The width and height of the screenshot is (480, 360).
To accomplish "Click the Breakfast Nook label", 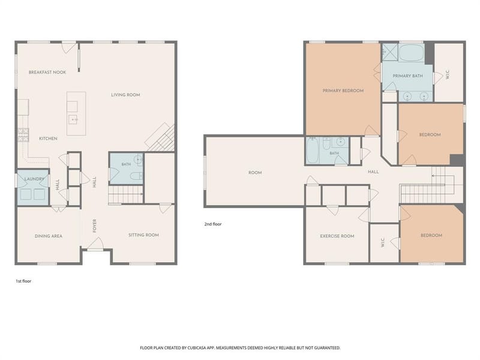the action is pos(47,72).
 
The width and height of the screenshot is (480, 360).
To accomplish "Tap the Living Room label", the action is pos(125,95).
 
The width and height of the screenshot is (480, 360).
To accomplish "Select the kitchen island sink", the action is pos(73,119).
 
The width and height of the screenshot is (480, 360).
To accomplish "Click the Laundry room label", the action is pos(34,179).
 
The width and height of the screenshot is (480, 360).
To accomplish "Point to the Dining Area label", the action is pos(49,236).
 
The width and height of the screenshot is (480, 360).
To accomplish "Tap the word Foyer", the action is pos(95,226).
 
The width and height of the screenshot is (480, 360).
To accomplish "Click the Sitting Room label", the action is pos(143,235).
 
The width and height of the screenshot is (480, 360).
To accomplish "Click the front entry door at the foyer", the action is pos(95,244).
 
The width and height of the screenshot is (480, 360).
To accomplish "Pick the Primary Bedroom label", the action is pos(343,91).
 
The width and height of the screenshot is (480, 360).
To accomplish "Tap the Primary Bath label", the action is pos(408,76).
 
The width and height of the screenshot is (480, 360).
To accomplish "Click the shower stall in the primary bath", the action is pos(390,52).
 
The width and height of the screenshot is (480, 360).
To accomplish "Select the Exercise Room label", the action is pos(337,236).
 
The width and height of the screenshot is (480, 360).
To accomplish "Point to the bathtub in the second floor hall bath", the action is pos(313,151).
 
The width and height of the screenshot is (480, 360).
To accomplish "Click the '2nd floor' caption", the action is pos(213,224).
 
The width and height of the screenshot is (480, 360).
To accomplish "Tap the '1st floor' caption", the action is pos(23,281).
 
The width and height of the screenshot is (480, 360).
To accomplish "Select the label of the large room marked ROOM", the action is pos(255,173).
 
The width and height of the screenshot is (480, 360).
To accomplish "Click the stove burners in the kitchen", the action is pos(23,135).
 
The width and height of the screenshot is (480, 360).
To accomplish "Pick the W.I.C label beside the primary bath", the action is pos(447,74).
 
